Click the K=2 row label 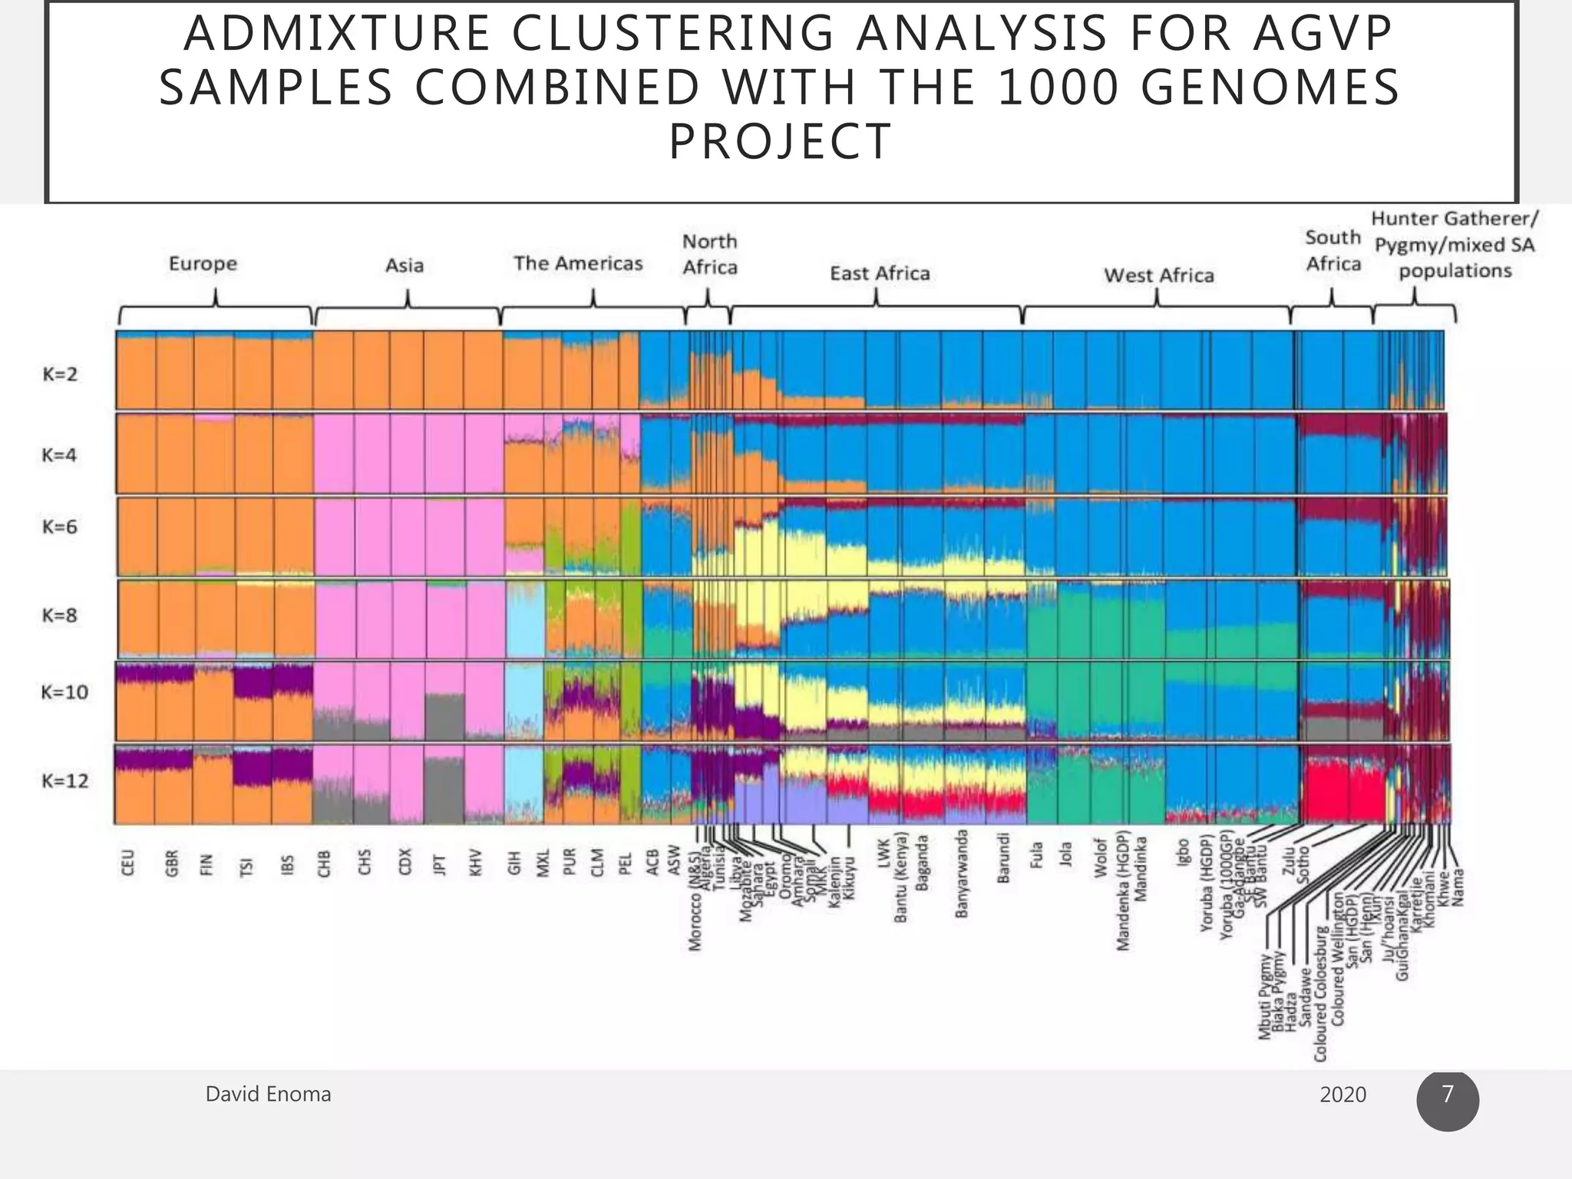[x=60, y=375]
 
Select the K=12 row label [x=64, y=781]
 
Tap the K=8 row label [x=60, y=616]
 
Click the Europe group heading [x=203, y=264]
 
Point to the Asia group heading [x=405, y=266]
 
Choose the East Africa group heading [x=880, y=273]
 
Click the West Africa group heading [x=1159, y=276]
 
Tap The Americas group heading [x=578, y=263]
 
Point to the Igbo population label [x=1183, y=853]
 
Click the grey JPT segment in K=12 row [x=444, y=791]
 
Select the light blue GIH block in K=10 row [x=523, y=700]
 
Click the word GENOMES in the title [x=1270, y=87]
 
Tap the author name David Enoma [x=268, y=1094]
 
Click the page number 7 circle [x=1447, y=1099]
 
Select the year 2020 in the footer [x=1342, y=1095]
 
